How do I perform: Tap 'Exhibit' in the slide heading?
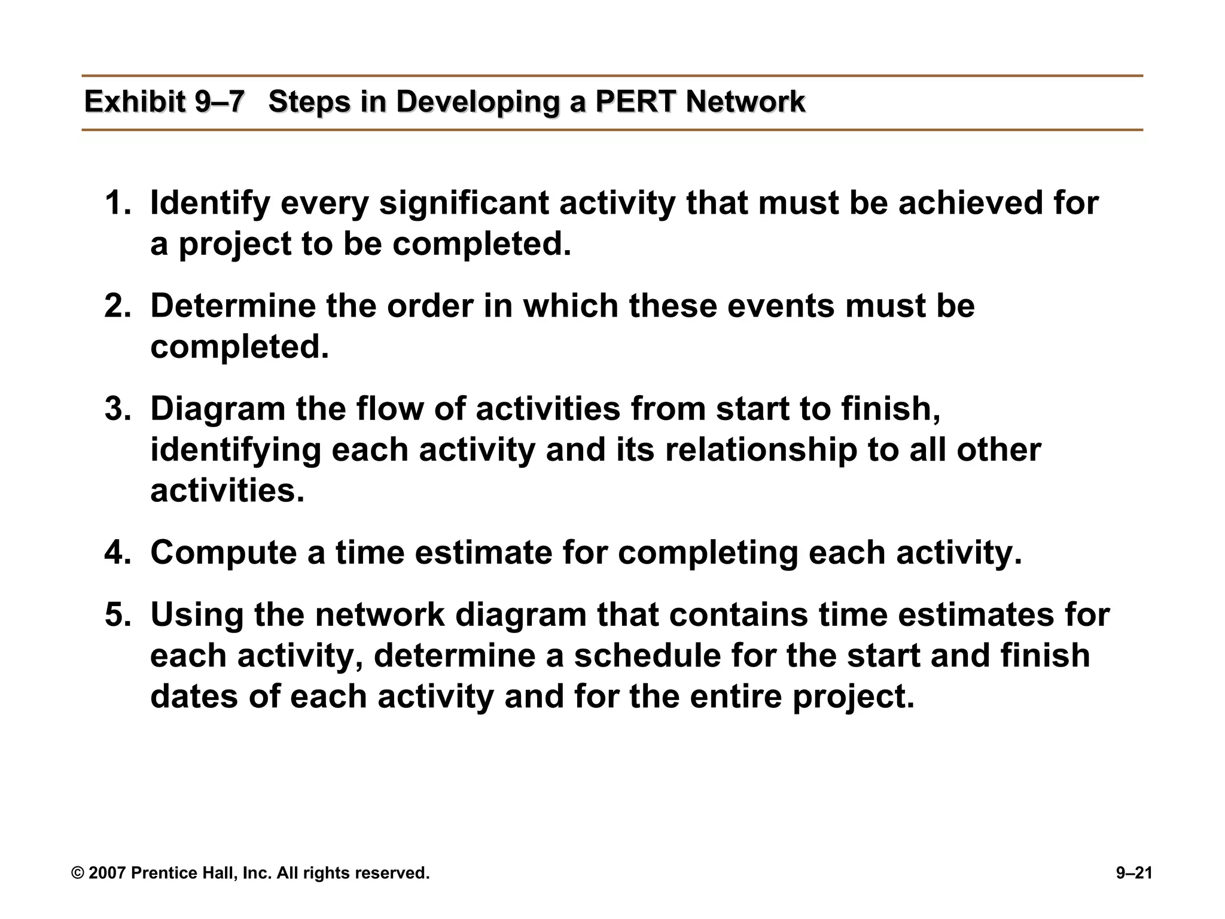click(135, 102)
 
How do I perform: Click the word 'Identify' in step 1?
click(210, 203)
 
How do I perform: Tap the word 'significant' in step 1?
click(464, 203)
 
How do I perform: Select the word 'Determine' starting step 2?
click(233, 306)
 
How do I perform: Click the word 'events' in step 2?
click(781, 306)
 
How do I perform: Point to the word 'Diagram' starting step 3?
click(218, 409)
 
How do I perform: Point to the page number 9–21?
click(1134, 874)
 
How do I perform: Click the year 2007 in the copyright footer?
click(108, 874)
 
